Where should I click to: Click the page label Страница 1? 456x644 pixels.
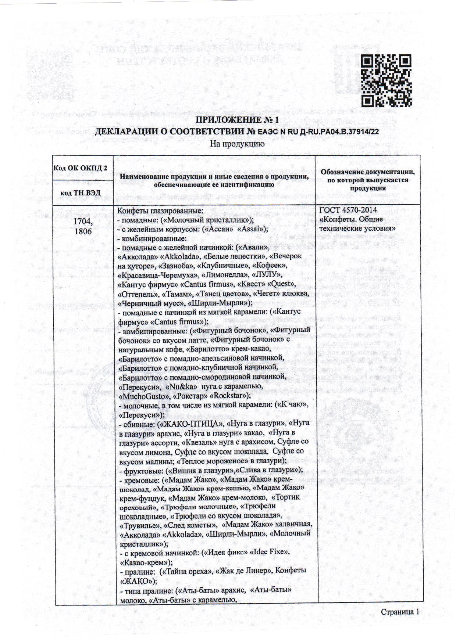tap(400, 612)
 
